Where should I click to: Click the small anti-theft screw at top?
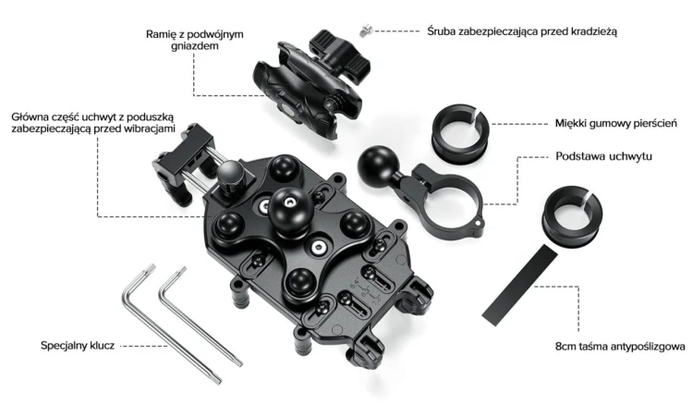[366, 31]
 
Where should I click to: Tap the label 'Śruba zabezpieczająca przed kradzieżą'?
[521, 31]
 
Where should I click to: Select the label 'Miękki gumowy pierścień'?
[615, 123]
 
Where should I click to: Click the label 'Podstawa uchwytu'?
[603, 156]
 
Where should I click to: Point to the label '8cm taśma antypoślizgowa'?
[621, 347]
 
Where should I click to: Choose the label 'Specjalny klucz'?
[78, 346]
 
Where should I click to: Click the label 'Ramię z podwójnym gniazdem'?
[194, 40]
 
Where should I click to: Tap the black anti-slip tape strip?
[519, 286]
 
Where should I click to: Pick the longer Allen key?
[169, 322]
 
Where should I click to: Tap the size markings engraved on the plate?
[365, 290]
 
